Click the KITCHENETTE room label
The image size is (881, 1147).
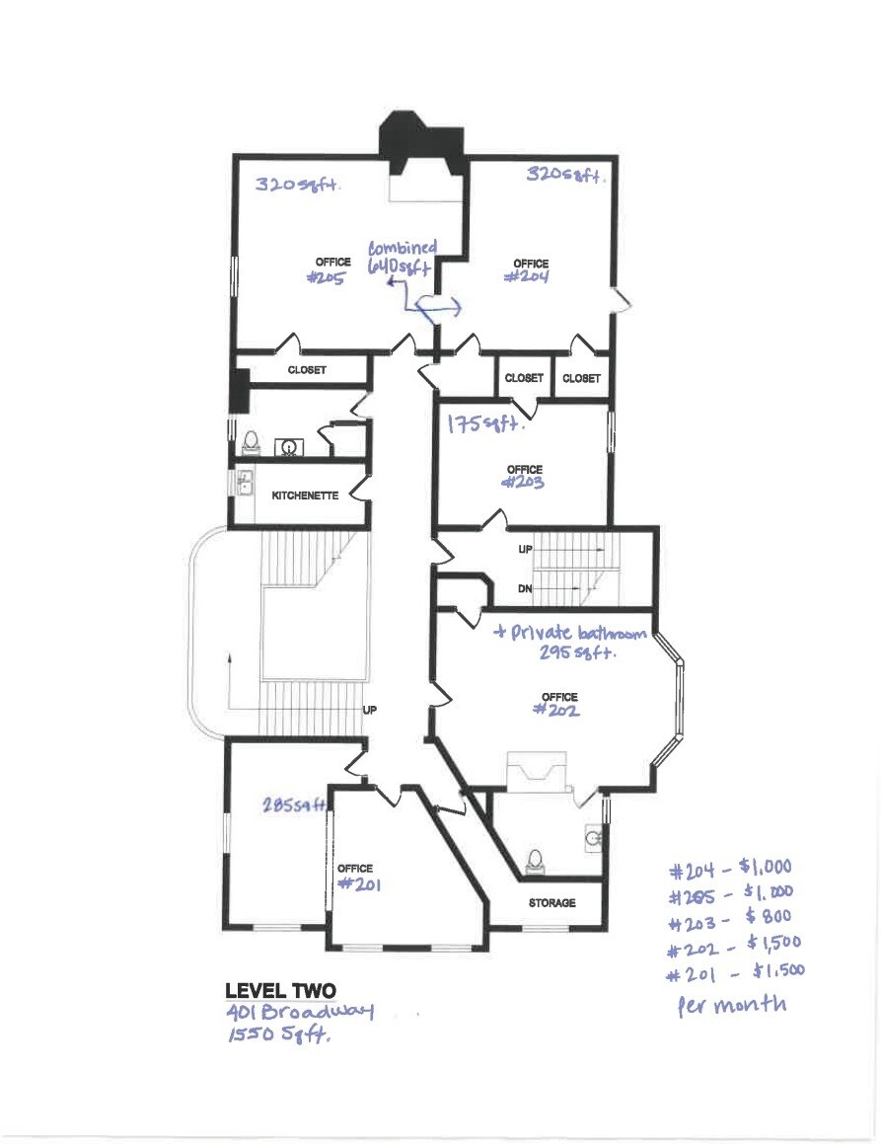305,496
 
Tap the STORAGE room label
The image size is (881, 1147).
552,902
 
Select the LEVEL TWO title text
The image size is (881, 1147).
281,991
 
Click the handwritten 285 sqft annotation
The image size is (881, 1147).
294,804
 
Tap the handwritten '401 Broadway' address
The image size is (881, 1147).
300,1012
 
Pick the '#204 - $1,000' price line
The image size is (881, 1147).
730,869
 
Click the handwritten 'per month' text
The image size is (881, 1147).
732,1005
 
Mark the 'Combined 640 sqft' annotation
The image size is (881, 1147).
402,257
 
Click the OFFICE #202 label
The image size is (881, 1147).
557,704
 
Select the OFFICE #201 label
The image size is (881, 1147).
359,877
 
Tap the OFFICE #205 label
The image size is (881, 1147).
330,269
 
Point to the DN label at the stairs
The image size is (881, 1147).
525,588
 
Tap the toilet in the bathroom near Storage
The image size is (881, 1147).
535,861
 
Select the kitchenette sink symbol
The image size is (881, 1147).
245,483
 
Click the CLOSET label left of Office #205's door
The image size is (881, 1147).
307,370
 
